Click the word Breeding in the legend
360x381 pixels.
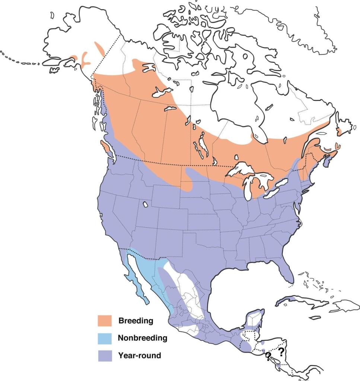pyautogui.click(x=136, y=320)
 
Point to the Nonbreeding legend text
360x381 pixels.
pyautogui.click(x=142, y=338)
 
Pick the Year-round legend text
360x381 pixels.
pyautogui.click(x=140, y=355)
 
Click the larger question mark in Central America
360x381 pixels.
pyautogui.click(x=281, y=351)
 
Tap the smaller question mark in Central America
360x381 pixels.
pyautogui.click(x=268, y=357)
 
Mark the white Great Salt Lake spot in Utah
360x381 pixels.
pyautogui.click(x=145, y=204)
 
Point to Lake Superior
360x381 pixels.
pyautogui.click(x=242, y=169)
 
